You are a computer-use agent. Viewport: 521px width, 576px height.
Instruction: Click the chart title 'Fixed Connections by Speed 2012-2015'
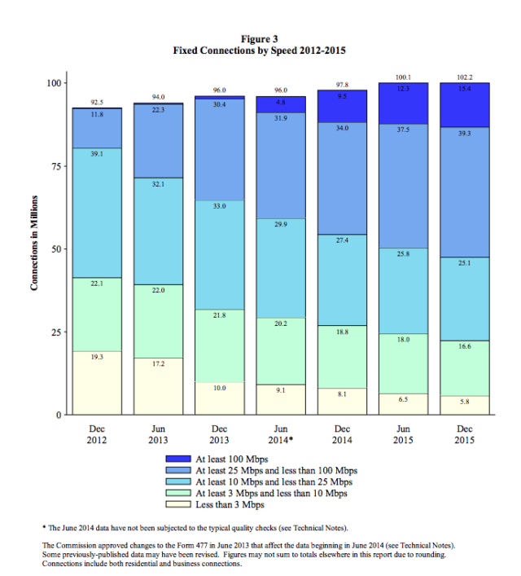[x=260, y=51]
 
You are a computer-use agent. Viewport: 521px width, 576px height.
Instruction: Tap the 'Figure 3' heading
[x=260, y=38]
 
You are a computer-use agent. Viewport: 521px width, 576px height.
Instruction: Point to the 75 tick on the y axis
[x=55, y=166]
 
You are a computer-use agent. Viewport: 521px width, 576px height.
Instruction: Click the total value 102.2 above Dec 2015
[x=463, y=77]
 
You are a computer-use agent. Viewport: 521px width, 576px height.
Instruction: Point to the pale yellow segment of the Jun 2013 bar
[x=158, y=385]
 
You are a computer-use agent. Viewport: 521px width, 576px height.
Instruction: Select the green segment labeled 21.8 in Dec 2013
[x=219, y=346]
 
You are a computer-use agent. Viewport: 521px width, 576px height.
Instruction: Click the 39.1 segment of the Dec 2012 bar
[x=99, y=213]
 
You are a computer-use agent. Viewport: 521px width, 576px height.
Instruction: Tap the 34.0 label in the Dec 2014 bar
[x=342, y=128]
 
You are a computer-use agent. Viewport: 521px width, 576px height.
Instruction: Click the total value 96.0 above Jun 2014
[x=281, y=90]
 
